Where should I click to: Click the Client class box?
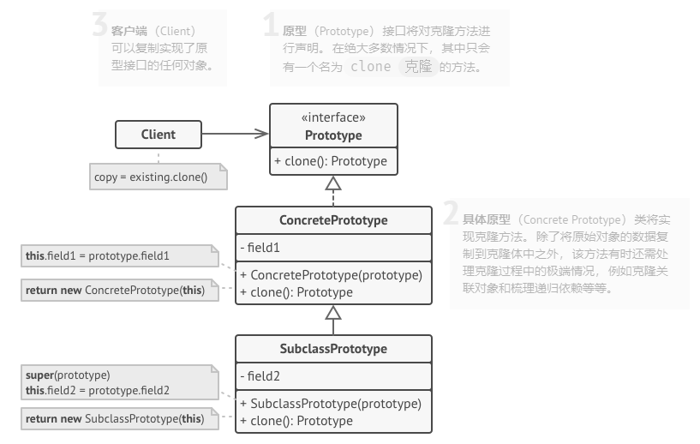[x=159, y=135]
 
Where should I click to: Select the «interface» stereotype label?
[x=333, y=118]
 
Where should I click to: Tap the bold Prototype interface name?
[x=333, y=135]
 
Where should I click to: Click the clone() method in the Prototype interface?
[x=331, y=160]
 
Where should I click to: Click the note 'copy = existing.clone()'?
[x=151, y=177]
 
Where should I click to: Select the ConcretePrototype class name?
[x=333, y=220]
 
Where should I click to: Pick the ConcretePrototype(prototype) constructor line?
[x=332, y=275]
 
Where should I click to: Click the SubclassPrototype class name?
[x=333, y=349]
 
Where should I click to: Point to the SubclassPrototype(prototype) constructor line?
[x=331, y=404]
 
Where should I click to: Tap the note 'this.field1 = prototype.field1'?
[x=98, y=255]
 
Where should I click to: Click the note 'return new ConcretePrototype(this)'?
[x=115, y=291]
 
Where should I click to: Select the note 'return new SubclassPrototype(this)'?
[x=115, y=419]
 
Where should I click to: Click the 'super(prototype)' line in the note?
[x=68, y=375]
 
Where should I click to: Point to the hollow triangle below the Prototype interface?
[x=333, y=183]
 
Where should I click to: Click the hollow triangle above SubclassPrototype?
[x=333, y=314]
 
